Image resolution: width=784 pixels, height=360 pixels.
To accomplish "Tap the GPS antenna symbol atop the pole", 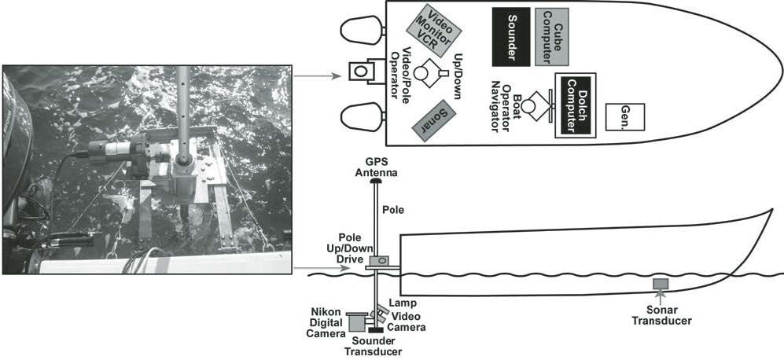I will point(377,180).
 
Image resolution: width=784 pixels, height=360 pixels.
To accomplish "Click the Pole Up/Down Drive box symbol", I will point(379,260).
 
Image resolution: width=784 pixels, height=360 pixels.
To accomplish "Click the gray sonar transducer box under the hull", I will point(660,283).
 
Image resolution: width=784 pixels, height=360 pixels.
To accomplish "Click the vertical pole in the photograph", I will point(182,110).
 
